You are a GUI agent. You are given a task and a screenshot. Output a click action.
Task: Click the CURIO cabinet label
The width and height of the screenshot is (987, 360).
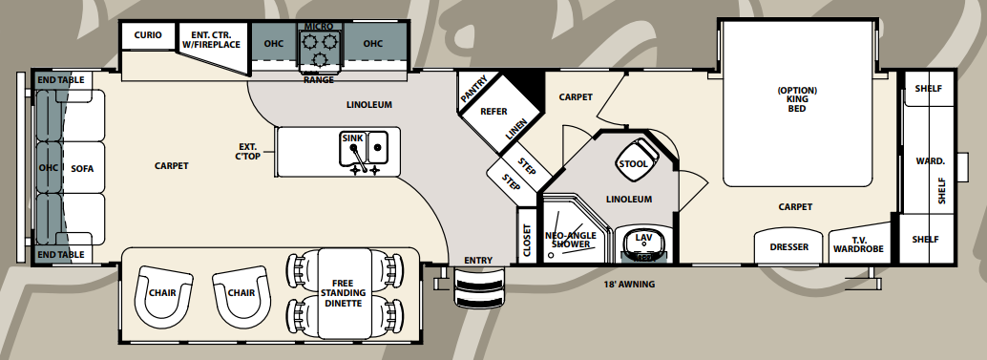click(x=147, y=35)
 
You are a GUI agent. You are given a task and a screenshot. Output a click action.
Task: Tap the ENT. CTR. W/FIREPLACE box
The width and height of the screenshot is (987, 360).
click(x=209, y=38)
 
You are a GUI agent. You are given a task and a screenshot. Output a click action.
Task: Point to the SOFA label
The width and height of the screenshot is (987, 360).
click(x=82, y=169)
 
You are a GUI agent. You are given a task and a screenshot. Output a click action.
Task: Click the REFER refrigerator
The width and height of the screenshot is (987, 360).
click(x=493, y=112)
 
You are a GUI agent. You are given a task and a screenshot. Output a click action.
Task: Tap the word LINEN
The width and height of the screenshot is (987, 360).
click(x=516, y=131)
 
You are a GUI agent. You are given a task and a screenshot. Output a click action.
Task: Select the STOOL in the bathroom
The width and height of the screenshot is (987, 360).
click(x=634, y=163)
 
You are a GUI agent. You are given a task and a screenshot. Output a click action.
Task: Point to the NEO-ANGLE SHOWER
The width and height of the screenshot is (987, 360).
click(x=571, y=238)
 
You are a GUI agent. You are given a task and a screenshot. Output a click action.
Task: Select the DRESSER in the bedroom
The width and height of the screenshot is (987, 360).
click(x=788, y=247)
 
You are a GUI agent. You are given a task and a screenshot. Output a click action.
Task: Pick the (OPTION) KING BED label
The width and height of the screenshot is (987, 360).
click(x=797, y=99)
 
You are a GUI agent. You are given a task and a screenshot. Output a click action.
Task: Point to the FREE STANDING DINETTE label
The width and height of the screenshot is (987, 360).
click(x=343, y=293)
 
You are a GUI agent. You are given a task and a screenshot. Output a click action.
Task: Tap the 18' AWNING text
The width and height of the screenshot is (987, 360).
click(x=625, y=283)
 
